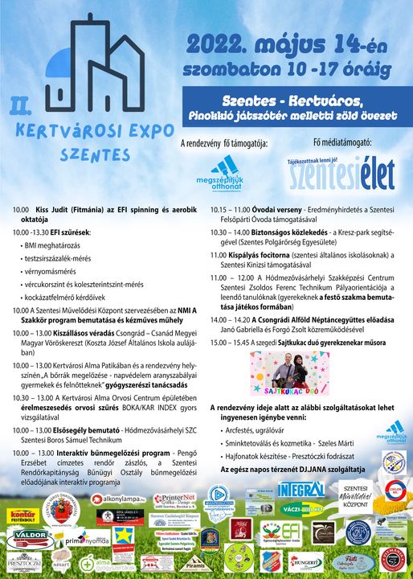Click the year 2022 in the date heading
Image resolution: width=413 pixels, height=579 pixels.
(218, 43)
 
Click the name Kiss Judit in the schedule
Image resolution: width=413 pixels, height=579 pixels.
(55, 209)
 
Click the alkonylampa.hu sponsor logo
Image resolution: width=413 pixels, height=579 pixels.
(117, 499)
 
